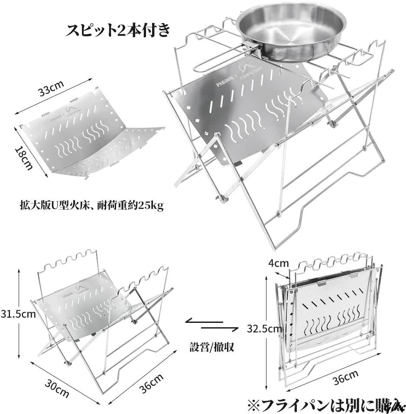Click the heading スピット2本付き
tap(118, 30)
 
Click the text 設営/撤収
tap(211, 347)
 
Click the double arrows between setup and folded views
tap(212, 324)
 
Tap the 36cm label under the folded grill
tap(345, 378)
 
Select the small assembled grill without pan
tap(102, 317)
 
